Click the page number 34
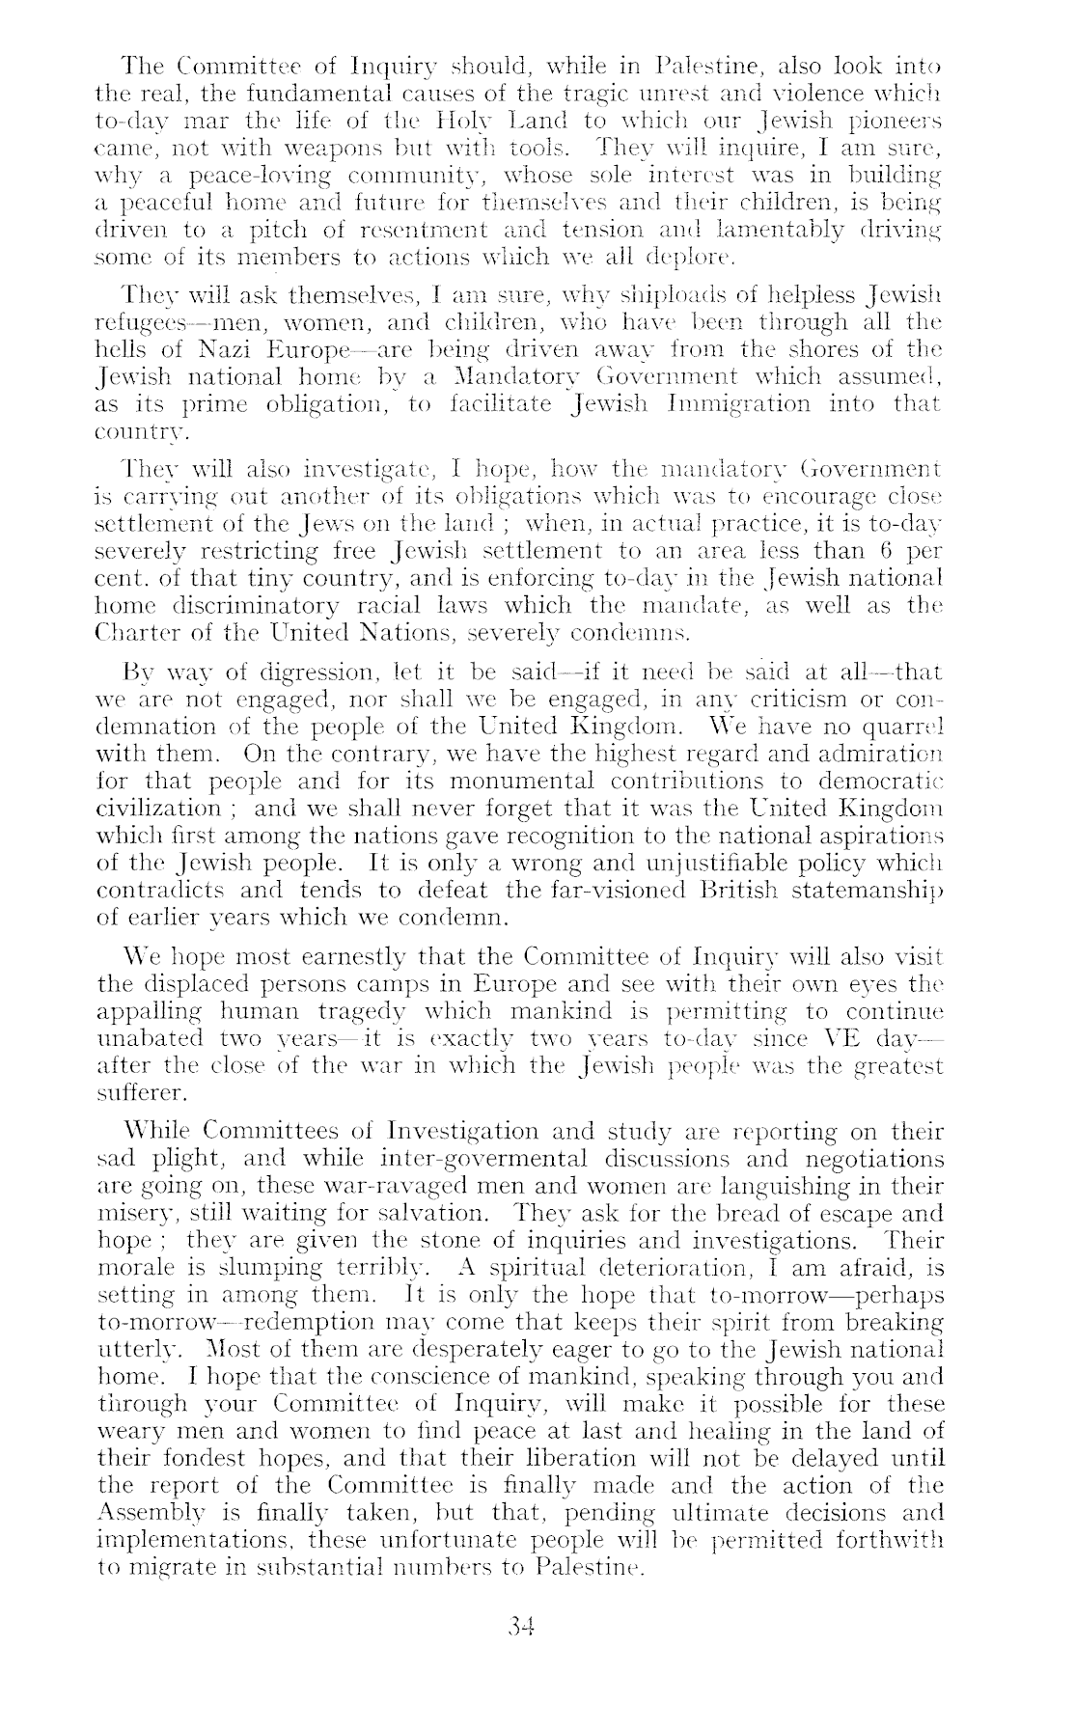click(521, 1629)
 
